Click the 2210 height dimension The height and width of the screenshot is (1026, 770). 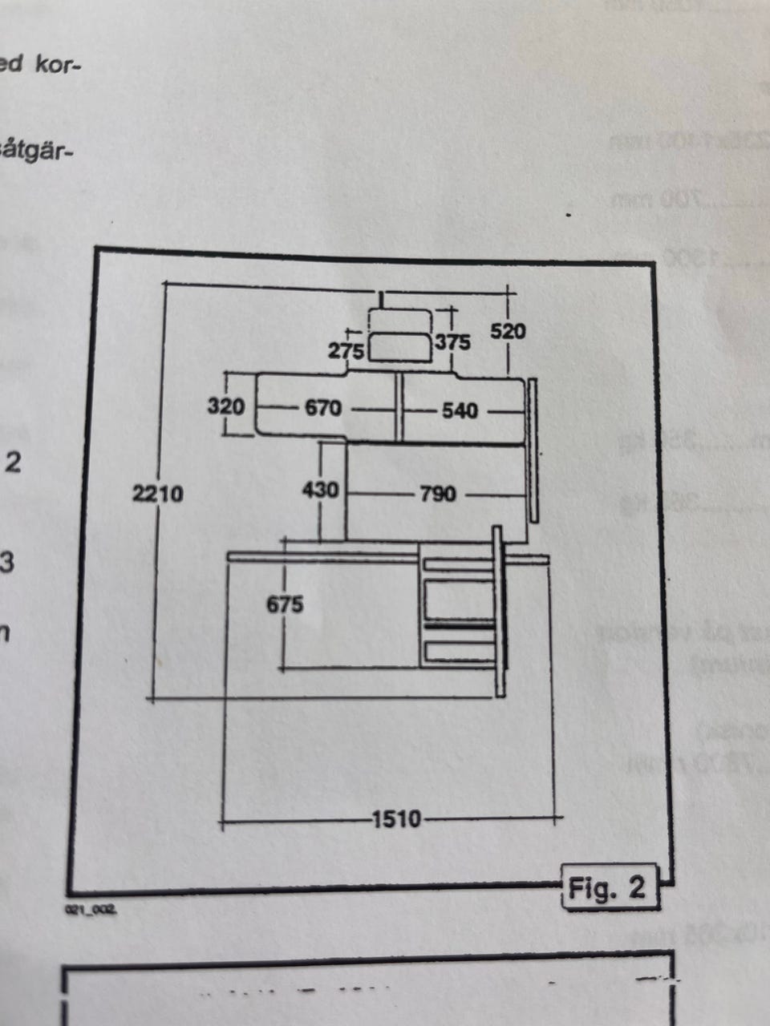(158, 493)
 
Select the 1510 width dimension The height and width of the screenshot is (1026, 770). (396, 819)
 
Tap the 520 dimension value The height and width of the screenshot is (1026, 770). (508, 330)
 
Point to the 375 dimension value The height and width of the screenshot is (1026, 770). (452, 342)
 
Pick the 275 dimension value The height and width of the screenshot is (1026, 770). (346, 350)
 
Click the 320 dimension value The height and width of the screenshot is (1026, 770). (225, 406)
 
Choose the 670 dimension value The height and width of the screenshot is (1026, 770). (323, 408)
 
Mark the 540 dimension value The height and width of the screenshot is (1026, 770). (460, 410)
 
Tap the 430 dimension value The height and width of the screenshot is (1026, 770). (320, 488)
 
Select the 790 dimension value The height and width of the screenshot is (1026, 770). (437, 494)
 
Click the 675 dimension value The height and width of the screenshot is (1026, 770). (285, 604)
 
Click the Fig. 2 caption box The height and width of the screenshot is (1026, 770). (607, 887)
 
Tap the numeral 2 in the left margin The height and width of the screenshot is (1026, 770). (13, 463)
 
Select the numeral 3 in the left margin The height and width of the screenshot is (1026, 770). (6, 563)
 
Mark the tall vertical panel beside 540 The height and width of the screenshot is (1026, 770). (531, 450)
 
